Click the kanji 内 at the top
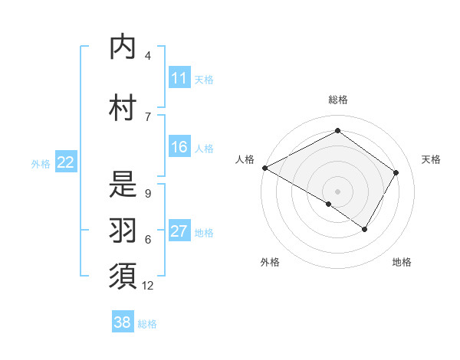[x=123, y=47]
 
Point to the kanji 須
[x=123, y=277]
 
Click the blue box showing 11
[x=179, y=78]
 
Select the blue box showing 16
[x=179, y=147]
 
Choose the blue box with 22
[x=66, y=162]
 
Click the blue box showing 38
[x=123, y=322]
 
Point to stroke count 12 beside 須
[x=148, y=286]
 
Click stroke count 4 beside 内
[x=148, y=56]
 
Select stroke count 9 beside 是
[x=148, y=193]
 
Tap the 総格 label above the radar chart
[x=337, y=100]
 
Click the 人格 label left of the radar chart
[x=245, y=159]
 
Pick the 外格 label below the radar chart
[x=270, y=262]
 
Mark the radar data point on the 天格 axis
[x=396, y=172]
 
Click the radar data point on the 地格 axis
[x=365, y=229]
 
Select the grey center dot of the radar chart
[x=337, y=191]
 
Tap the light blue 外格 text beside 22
[x=41, y=163]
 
